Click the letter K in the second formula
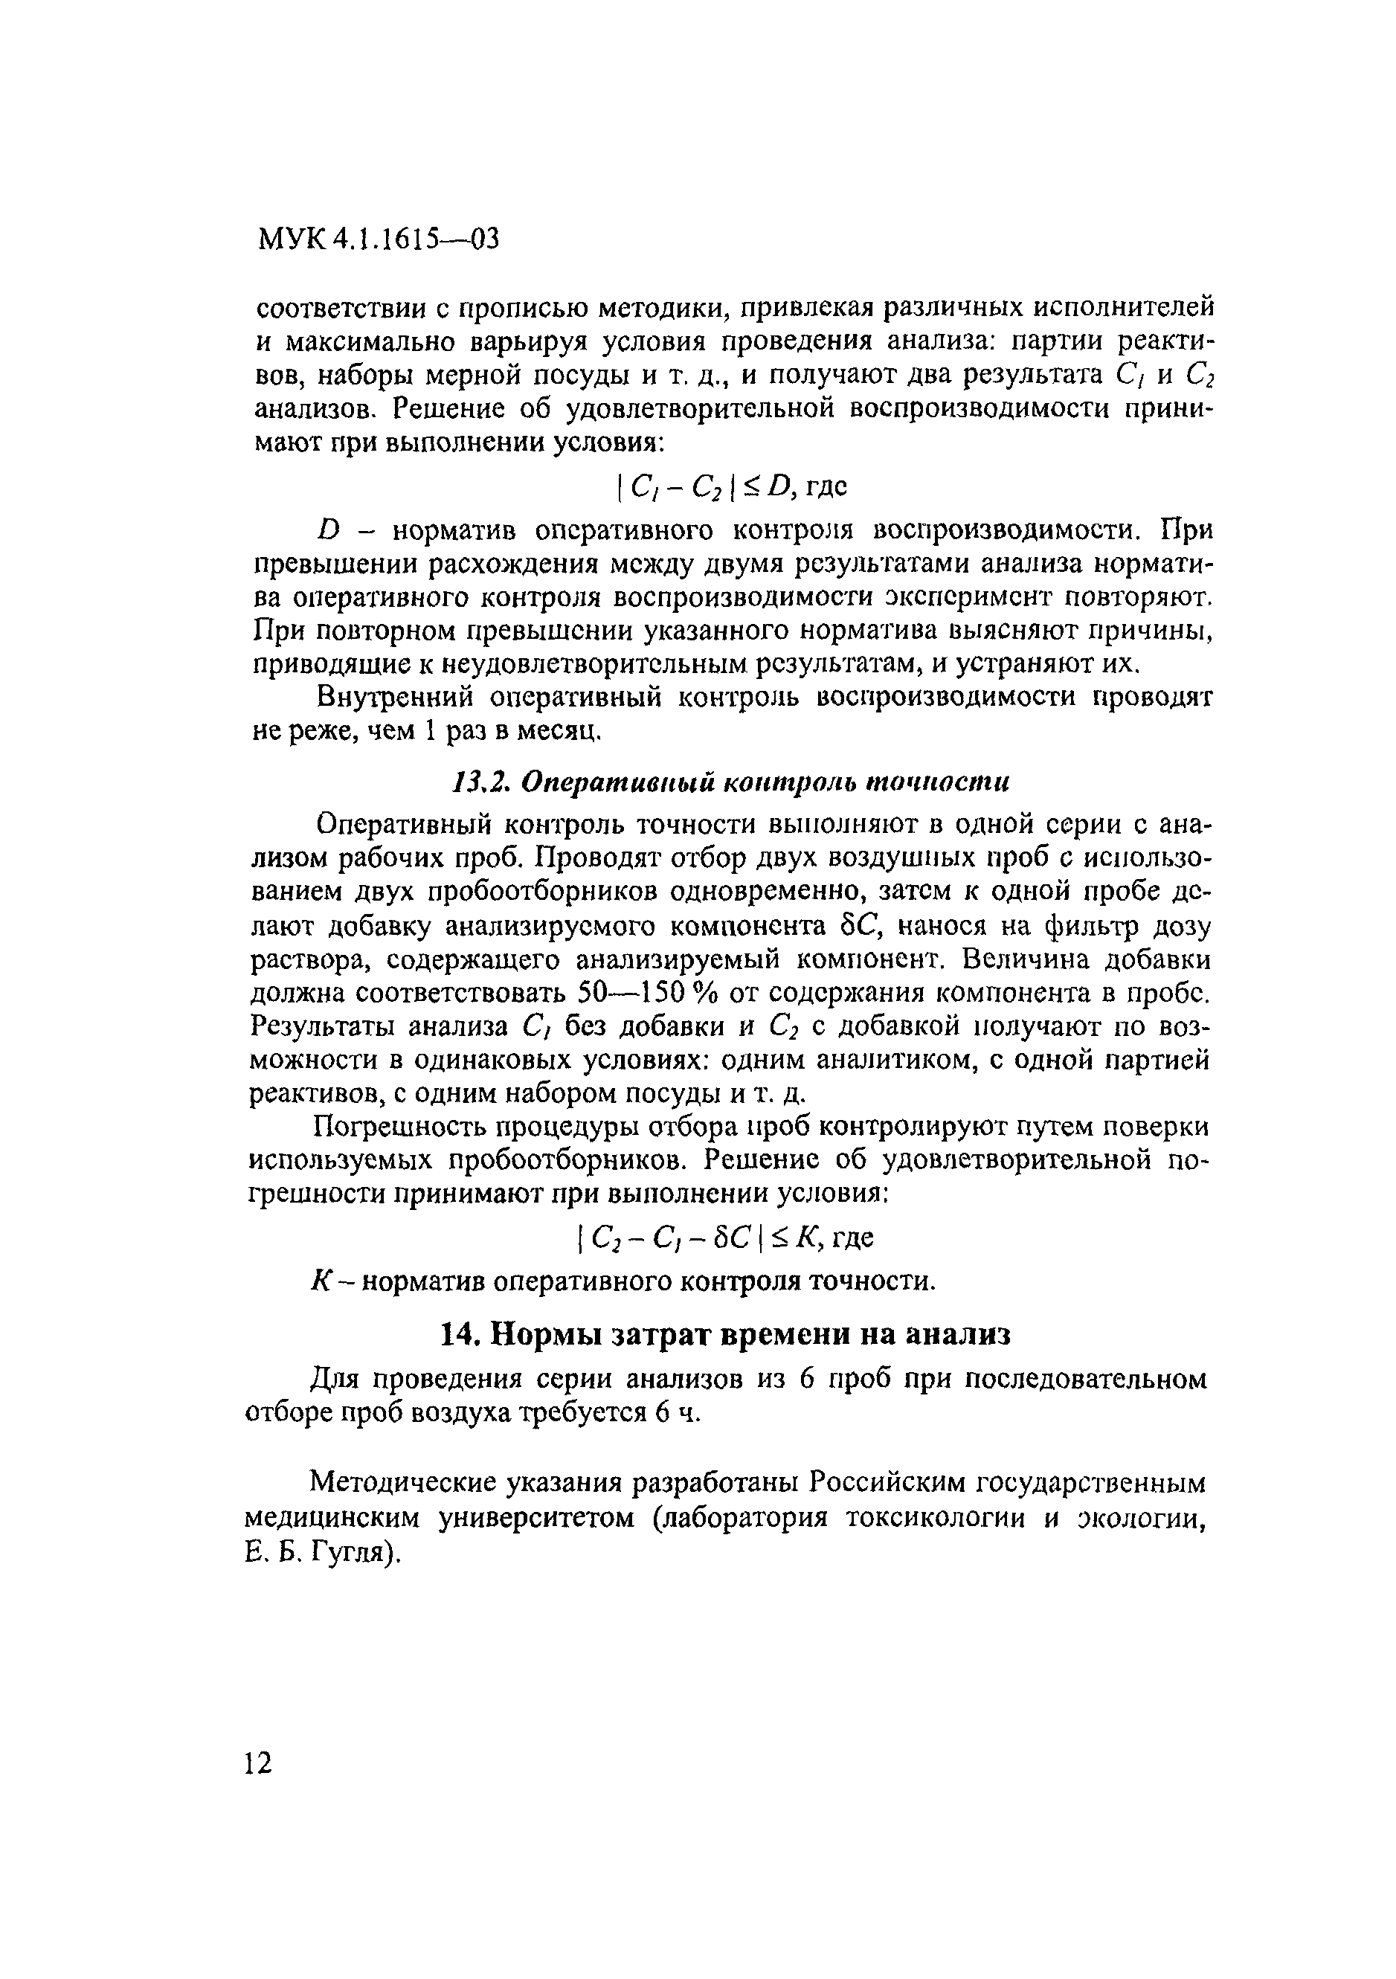tap(805, 1238)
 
